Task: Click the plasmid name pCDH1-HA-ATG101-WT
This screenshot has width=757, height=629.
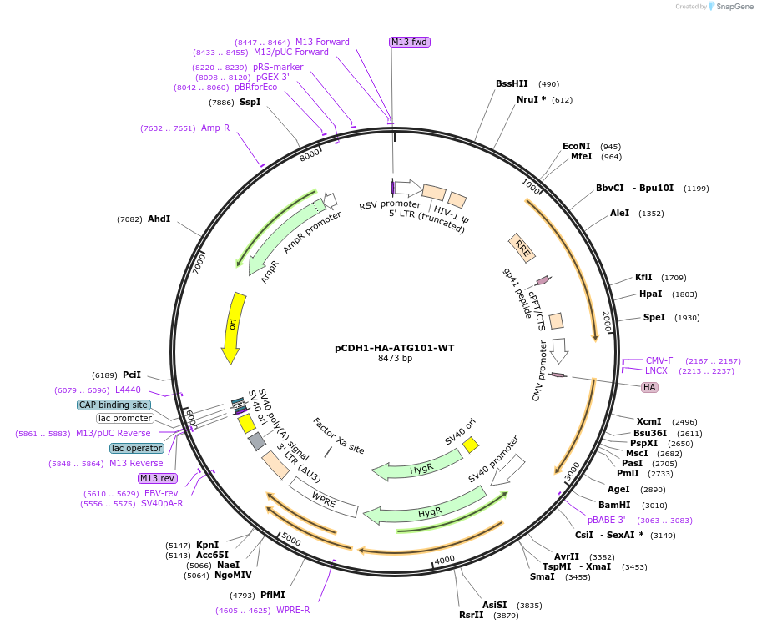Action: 395,348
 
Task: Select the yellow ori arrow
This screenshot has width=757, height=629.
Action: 233,328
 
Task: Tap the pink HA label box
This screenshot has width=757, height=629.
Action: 649,387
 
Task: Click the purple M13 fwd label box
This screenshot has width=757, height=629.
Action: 410,42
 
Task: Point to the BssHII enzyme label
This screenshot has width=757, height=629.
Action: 512,83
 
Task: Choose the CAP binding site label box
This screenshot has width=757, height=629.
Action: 114,405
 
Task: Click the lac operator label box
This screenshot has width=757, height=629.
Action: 137,449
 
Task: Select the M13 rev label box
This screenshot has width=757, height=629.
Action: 158,478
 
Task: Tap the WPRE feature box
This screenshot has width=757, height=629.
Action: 324,497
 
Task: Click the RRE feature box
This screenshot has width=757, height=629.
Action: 522,248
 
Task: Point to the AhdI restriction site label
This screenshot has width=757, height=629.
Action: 159,219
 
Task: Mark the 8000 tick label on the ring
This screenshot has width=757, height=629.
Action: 309,155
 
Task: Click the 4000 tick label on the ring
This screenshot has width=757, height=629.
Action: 444,560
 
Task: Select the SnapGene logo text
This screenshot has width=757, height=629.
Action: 734,7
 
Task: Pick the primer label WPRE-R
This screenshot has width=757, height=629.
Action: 293,610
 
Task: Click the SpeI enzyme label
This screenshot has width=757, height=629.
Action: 654,317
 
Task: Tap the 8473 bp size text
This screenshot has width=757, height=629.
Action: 395,358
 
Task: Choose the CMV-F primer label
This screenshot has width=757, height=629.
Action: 659,360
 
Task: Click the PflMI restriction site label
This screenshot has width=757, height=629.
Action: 273,595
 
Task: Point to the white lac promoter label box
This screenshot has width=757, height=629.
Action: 125,419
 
